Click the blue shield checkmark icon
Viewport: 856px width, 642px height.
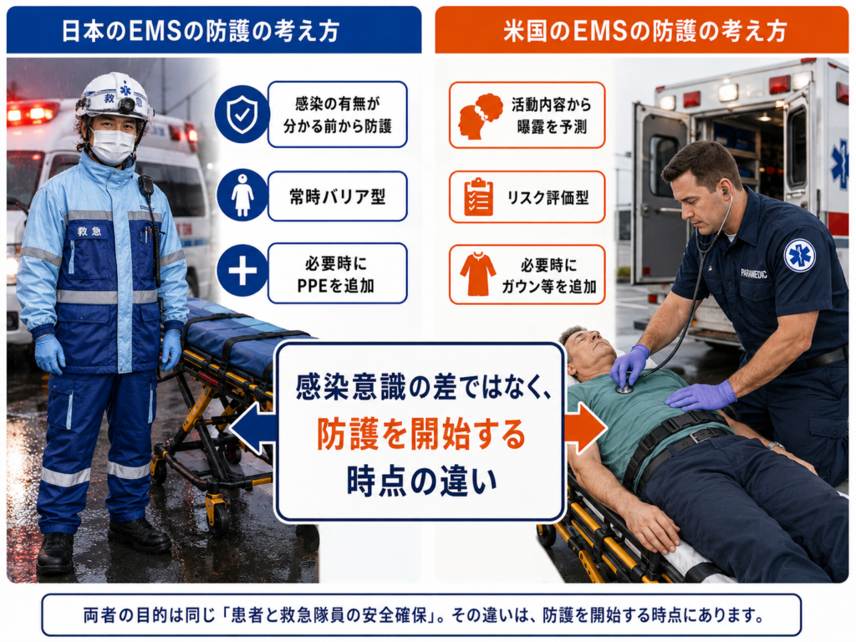(242, 114)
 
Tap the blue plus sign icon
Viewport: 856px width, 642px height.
(242, 270)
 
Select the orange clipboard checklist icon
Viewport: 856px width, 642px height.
(478, 197)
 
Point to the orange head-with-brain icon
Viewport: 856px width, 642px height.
(480, 115)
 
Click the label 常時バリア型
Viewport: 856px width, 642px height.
(338, 196)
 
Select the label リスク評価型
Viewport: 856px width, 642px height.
(548, 197)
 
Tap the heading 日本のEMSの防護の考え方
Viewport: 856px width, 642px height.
(201, 31)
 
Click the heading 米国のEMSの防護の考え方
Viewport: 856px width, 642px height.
(645, 31)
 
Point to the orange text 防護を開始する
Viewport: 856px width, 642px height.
(421, 434)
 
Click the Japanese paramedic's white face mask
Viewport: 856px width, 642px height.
(112, 146)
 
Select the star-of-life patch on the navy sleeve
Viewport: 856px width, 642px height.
(800, 256)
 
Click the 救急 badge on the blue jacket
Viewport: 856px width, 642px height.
(89, 231)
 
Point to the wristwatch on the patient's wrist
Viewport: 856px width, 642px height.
(775, 446)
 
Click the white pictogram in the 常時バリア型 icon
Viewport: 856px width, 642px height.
(242, 195)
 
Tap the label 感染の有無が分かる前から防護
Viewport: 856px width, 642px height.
(338, 115)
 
